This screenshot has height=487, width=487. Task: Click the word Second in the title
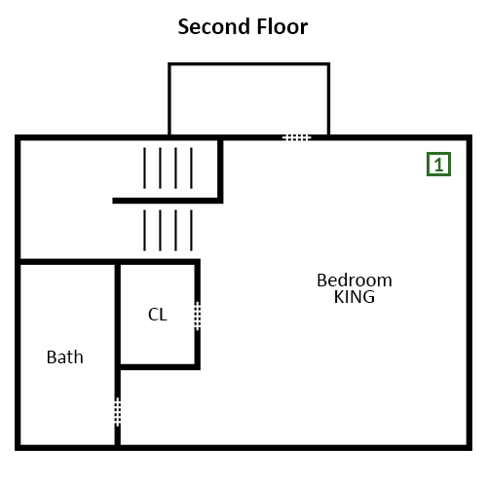click(214, 26)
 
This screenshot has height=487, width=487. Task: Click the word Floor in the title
click(282, 26)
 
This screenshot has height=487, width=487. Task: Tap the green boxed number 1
click(438, 165)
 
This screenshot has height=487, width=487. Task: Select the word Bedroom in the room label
click(355, 281)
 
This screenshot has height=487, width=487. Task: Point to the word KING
click(355, 297)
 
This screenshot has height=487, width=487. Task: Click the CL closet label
click(158, 315)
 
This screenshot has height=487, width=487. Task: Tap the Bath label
click(65, 357)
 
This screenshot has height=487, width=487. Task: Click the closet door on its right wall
click(198, 317)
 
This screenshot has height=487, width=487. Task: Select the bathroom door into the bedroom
click(118, 412)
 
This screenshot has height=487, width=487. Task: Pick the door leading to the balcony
click(297, 137)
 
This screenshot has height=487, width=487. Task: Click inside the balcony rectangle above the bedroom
click(249, 99)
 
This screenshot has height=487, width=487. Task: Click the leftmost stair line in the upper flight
click(144, 168)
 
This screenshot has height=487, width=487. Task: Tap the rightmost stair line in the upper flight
click(191, 168)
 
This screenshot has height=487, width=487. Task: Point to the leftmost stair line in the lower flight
click(144, 231)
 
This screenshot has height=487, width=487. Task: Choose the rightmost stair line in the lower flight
click(191, 231)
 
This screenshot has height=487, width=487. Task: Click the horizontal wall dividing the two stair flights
click(168, 201)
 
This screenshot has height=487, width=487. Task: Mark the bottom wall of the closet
click(159, 367)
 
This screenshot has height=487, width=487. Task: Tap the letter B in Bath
click(52, 357)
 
